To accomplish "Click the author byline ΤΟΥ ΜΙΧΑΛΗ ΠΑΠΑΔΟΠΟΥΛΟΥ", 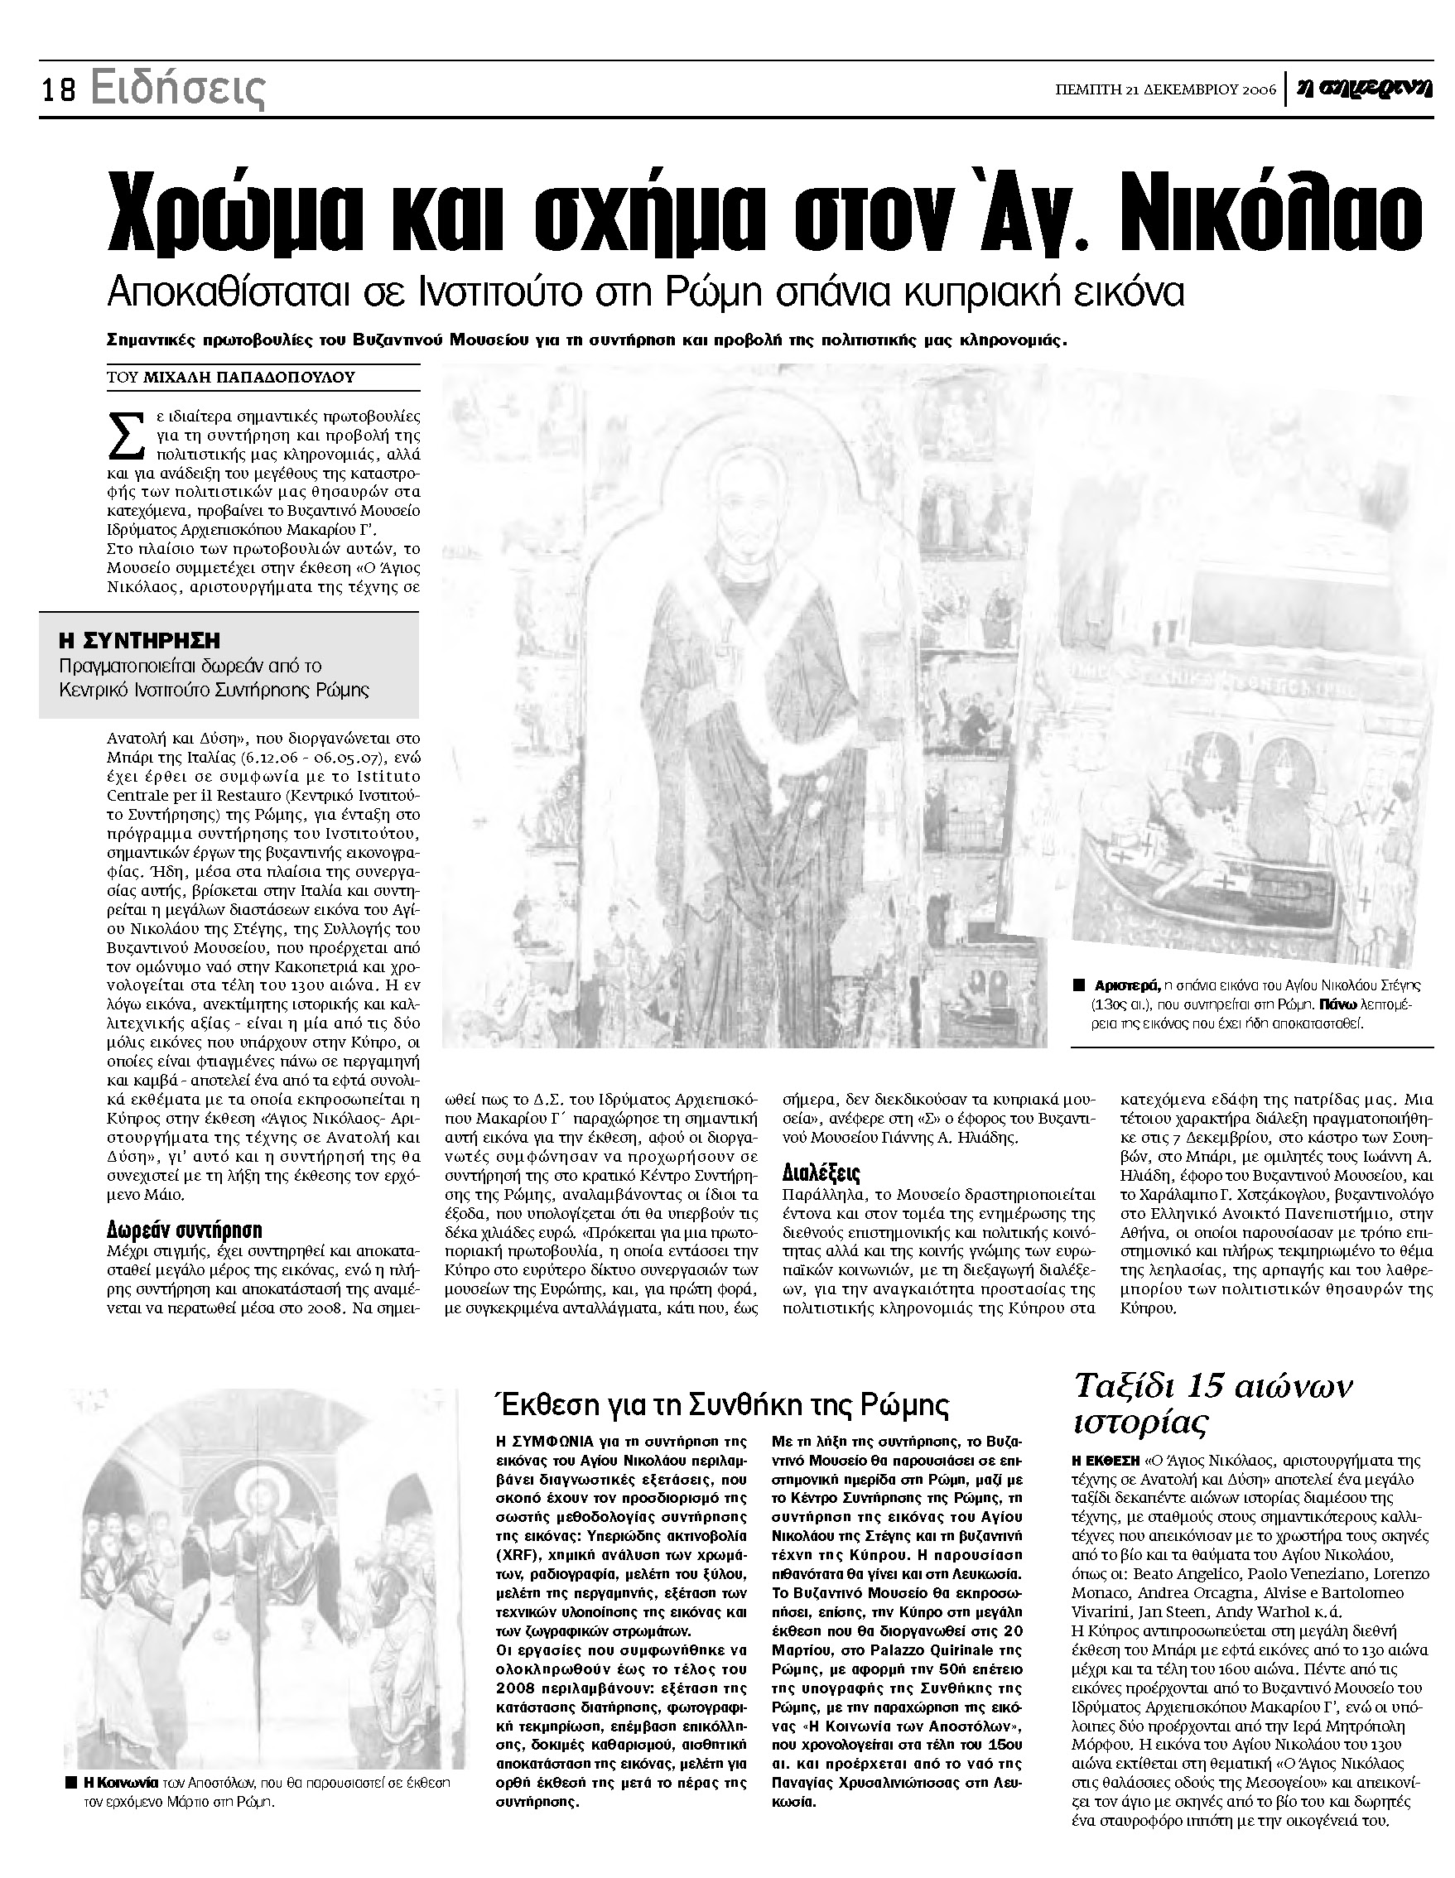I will [x=230, y=377].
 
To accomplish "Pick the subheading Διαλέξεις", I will [x=821, y=1172].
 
